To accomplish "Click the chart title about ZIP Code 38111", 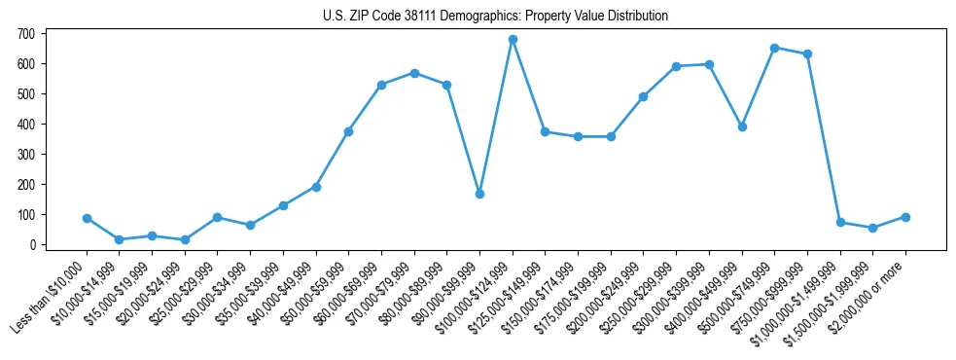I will [495, 16].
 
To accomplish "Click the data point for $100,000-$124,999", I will [513, 40].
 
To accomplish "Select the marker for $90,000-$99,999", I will [479, 194].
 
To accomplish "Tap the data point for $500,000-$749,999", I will [774, 48].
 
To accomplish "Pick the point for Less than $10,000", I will [87, 219].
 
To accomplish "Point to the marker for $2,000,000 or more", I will [905, 217].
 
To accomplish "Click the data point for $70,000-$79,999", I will [414, 73].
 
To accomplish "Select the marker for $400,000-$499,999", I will [742, 126].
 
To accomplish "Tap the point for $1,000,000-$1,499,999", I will [840, 223].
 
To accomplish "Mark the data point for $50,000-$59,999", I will [348, 131].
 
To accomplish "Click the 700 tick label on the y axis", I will [26, 34].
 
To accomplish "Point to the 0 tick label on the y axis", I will [32, 245].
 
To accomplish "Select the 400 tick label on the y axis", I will [26, 125].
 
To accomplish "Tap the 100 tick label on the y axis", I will [26, 215].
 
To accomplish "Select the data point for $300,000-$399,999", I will [709, 64].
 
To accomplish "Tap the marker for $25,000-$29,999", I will [218, 217].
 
